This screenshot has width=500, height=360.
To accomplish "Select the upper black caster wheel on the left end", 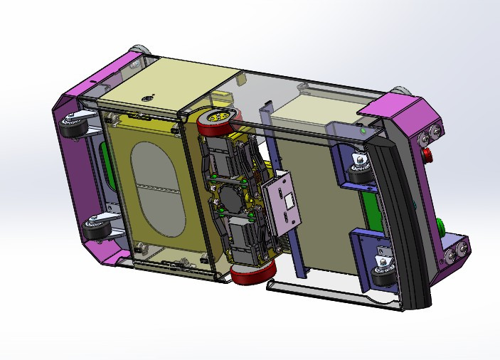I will click(73, 128).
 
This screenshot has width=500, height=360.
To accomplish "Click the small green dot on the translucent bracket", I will click(364, 131).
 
